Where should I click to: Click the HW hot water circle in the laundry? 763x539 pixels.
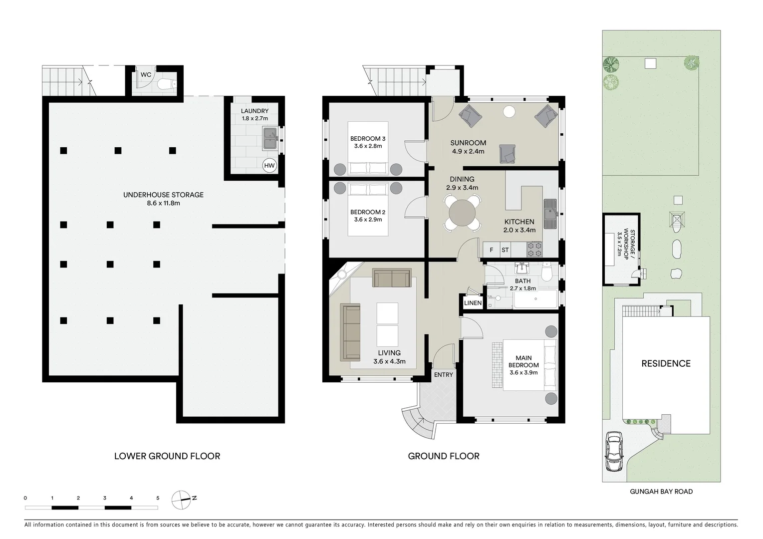[x=269, y=165]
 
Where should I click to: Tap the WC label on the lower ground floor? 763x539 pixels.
[x=146, y=75]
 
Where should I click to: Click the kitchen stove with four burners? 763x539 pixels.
[x=534, y=249]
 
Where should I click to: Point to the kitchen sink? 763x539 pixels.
[x=550, y=212]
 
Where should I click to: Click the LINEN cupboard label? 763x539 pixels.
[x=473, y=303]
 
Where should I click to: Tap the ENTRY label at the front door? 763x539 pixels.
[x=443, y=375]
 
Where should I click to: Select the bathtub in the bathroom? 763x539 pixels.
[x=535, y=299]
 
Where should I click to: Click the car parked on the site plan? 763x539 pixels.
[x=613, y=452]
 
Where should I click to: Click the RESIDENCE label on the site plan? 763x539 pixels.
[x=666, y=364]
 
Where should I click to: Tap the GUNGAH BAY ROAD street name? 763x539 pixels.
[x=661, y=492]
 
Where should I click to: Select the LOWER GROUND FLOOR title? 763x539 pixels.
[x=167, y=456]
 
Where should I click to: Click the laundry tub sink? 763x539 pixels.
[x=270, y=138]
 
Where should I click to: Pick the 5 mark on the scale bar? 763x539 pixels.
[x=158, y=498]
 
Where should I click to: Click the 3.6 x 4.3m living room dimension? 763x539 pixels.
[x=389, y=362]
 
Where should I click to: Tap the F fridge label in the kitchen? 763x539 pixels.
[x=491, y=250]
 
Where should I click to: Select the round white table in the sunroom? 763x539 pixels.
[x=509, y=112]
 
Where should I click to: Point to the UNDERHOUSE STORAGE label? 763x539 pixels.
[x=163, y=195]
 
